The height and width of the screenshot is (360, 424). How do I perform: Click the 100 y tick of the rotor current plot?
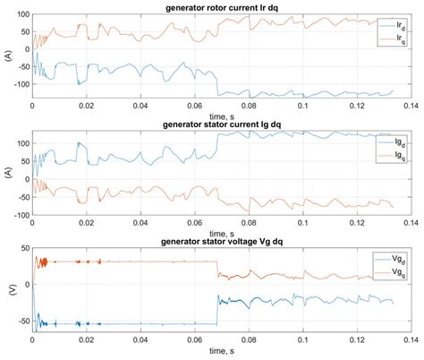21,16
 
